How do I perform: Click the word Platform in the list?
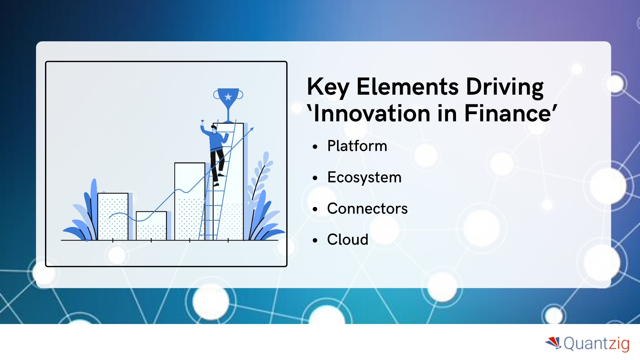click(357, 146)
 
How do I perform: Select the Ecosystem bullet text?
click(364, 177)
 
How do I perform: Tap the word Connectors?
click(367, 209)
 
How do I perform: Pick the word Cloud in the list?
click(348, 239)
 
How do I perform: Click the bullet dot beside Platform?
click(315, 147)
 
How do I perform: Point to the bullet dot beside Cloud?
click(315, 240)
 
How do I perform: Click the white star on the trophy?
click(228, 97)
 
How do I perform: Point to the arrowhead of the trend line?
click(252, 129)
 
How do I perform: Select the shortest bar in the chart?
click(151, 226)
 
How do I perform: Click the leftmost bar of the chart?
click(113, 216)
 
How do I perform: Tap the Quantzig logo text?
click(596, 344)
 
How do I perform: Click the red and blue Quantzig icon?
click(554, 343)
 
